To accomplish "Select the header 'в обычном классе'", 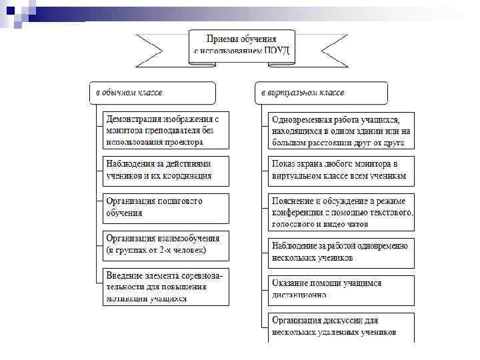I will click(x=153, y=93).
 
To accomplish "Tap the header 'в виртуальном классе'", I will click(x=321, y=93).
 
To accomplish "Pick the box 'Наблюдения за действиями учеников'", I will click(x=165, y=170).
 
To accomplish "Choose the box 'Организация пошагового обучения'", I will click(x=165, y=207).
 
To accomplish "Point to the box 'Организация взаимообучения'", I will click(x=165, y=244).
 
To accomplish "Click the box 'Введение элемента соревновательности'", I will click(x=165, y=287).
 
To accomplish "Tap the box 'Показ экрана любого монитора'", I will click(x=341, y=171).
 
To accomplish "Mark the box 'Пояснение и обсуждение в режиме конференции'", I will click(x=341, y=212).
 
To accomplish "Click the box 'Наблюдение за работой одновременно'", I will click(x=341, y=251).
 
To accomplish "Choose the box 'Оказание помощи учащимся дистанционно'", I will click(x=341, y=289).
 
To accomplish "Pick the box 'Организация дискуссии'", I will click(x=341, y=326).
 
